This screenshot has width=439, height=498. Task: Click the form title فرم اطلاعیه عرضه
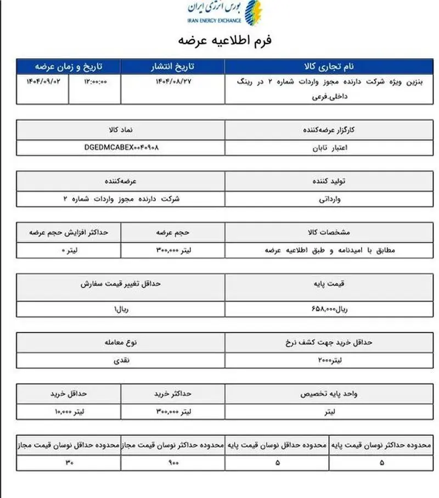225,41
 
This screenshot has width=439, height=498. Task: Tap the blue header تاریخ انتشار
172,66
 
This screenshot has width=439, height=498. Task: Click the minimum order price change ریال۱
121,309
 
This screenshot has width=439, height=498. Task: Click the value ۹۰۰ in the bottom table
173,462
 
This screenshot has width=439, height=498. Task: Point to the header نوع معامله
121,343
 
